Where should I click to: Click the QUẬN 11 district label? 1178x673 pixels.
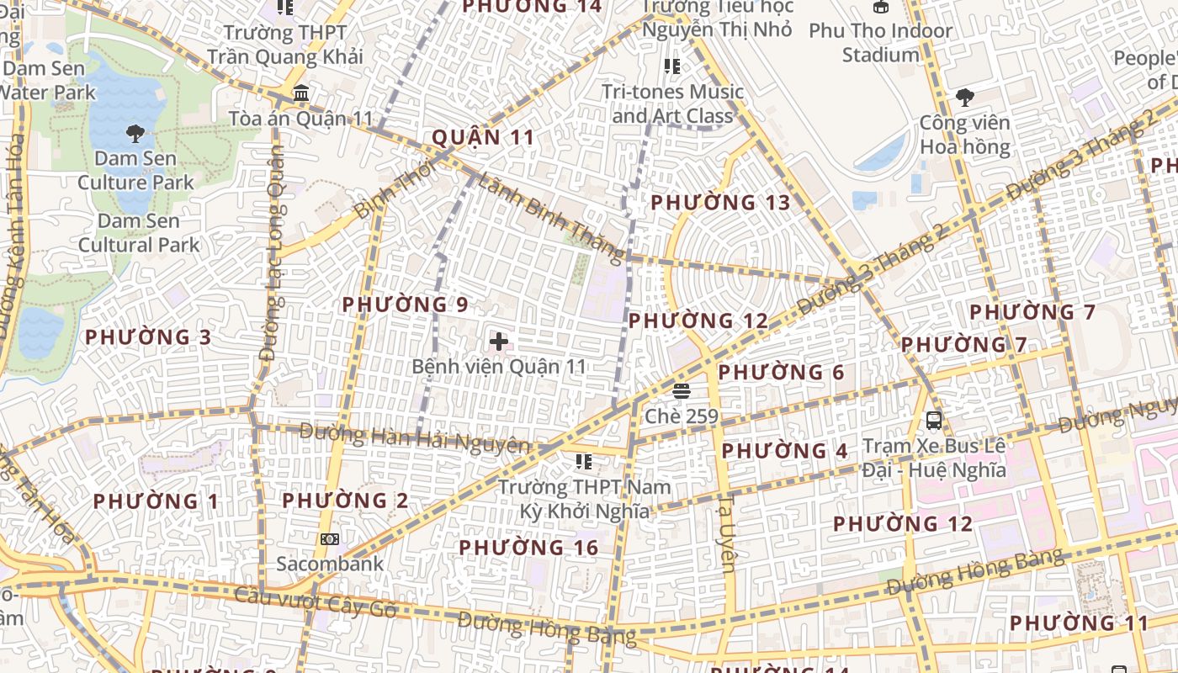(483, 137)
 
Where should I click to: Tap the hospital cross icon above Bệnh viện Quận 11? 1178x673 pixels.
(499, 342)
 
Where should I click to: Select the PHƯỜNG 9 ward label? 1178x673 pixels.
(405, 305)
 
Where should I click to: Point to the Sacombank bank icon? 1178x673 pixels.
(330, 538)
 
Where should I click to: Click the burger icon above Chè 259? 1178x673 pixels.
(682, 390)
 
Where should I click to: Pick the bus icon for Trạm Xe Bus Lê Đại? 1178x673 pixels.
(934, 420)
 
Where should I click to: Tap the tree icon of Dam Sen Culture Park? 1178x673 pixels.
(135, 133)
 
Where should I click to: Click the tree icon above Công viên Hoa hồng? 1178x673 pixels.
(964, 98)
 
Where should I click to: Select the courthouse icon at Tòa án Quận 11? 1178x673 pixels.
(301, 93)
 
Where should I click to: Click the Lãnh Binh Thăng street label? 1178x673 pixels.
(551, 218)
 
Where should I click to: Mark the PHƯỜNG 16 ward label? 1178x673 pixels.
(528, 548)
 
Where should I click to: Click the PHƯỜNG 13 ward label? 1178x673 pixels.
(720, 203)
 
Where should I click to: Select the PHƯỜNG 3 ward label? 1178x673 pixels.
(148, 337)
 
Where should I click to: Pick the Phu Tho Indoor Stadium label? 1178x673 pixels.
(880, 43)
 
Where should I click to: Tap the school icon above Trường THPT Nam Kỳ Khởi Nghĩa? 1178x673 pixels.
(583, 461)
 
